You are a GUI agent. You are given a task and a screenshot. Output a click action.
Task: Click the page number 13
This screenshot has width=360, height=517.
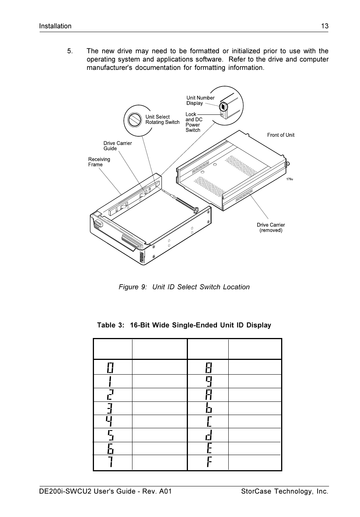325,26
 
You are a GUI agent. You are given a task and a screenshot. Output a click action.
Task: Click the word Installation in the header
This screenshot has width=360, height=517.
55,26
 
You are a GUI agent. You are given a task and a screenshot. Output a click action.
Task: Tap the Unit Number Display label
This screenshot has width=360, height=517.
200,100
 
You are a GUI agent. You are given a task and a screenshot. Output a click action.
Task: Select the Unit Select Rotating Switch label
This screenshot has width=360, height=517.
162,120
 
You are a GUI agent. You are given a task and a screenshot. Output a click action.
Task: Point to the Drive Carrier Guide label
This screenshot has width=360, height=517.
117,146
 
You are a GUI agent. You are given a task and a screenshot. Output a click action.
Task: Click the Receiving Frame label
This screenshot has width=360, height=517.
99,162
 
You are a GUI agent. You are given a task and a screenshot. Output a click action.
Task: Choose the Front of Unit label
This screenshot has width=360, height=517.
280,135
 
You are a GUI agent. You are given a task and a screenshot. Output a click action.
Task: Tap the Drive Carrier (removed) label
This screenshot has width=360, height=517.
271,228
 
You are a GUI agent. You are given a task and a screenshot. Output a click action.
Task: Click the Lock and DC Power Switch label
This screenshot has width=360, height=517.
194,122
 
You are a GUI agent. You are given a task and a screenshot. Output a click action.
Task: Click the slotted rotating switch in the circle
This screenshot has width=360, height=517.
134,120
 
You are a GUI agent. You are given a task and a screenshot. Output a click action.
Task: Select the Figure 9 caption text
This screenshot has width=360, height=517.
184,287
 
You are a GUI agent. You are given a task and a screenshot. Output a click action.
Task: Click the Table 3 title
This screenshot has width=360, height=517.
184,325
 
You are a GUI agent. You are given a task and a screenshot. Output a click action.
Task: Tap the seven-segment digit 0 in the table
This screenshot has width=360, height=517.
110,367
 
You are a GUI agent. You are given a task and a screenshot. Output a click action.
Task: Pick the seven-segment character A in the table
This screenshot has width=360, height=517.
209,395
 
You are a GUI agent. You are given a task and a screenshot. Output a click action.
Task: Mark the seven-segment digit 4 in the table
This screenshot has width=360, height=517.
109,421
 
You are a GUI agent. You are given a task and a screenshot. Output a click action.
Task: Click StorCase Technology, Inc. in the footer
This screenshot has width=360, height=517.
285,491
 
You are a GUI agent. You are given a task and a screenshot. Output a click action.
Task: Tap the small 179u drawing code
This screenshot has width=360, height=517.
289,179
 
